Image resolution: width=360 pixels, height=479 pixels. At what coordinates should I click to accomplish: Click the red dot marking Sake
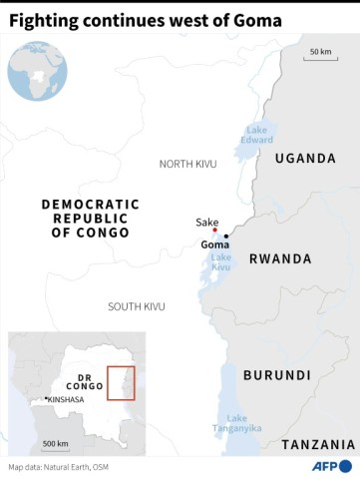coord(214,231)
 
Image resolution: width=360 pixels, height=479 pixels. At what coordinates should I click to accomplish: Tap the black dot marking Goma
coord(226,237)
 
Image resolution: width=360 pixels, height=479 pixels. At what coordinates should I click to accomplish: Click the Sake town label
coord(207,222)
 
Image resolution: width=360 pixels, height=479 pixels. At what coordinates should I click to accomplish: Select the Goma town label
coord(214,245)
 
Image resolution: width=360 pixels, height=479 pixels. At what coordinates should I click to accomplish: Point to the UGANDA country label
coord(304,158)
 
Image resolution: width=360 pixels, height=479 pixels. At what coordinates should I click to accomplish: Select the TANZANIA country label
coord(319,444)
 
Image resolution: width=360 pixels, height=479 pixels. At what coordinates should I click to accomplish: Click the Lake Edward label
coord(256,134)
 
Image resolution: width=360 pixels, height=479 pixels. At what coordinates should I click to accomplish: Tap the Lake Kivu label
coord(219,262)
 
